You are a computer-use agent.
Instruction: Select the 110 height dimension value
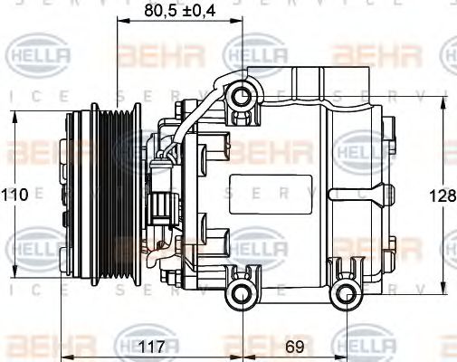pos(14,194)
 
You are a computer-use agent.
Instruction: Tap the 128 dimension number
pos(443,193)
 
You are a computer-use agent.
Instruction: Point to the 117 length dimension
pos(152,347)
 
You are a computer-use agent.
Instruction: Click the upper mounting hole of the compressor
pos(242,96)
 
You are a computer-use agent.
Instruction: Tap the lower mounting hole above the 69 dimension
pos(345,291)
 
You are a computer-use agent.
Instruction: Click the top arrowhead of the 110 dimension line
pos(14,113)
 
